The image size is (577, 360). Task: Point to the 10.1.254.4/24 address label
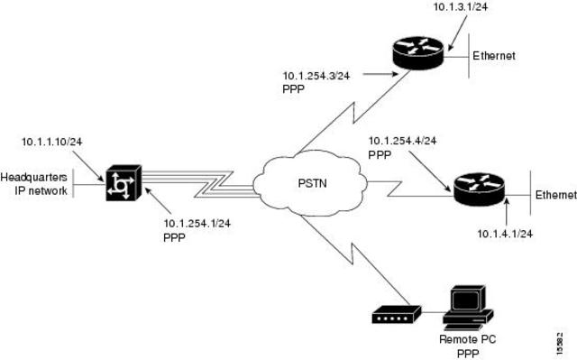403,141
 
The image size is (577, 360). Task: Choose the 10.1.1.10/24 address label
53,142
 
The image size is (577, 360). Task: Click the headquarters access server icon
120,185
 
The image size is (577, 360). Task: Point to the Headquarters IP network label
34,183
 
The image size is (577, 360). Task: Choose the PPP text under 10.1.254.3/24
294,89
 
